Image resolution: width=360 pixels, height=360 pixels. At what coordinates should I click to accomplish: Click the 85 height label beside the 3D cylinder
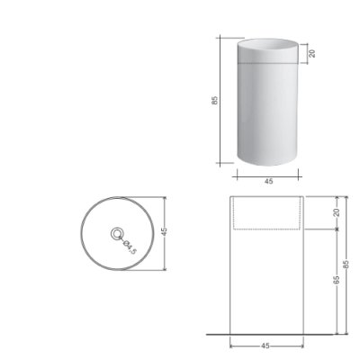(215, 100)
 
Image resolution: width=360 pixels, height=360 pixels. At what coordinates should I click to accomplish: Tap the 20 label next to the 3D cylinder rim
(312, 53)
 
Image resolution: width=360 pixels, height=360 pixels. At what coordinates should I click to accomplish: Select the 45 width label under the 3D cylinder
(269, 182)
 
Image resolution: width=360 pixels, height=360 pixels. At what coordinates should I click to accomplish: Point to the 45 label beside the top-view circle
(164, 231)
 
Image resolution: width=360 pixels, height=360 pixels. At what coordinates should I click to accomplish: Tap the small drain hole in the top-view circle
(117, 233)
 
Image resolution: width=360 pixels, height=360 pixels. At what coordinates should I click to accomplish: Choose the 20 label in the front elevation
(337, 212)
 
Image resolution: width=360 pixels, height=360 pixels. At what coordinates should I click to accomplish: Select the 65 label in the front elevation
(337, 280)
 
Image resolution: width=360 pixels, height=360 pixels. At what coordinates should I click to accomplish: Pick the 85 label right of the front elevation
(346, 264)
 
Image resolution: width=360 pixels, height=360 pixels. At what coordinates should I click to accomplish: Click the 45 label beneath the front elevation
(265, 346)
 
